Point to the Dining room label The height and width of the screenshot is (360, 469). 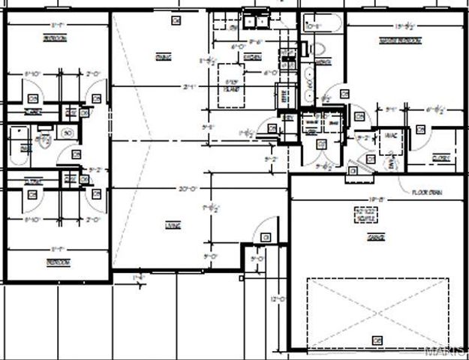tap(163, 57)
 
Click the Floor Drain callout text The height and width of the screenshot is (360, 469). tap(426, 192)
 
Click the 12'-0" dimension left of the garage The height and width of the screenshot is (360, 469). tap(278, 299)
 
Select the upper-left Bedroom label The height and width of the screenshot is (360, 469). tap(54, 37)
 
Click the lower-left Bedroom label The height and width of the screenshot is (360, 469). tap(58, 262)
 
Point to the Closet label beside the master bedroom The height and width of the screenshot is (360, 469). tap(440, 157)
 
